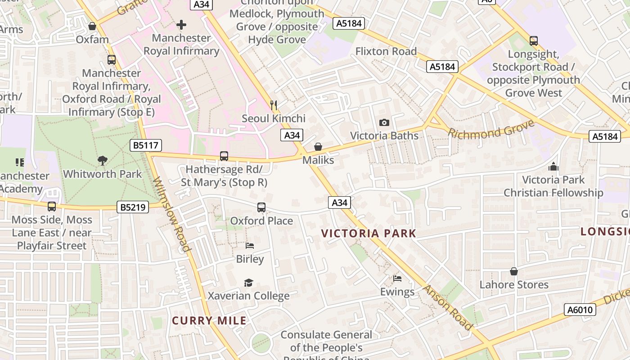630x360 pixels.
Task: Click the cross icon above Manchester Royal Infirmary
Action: tap(181, 24)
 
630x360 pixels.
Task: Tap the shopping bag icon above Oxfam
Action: tap(92, 27)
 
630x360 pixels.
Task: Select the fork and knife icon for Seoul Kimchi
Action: tap(274, 105)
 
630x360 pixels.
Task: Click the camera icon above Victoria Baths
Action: tap(384, 122)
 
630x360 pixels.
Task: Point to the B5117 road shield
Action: tap(146, 145)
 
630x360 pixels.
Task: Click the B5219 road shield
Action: tap(132, 207)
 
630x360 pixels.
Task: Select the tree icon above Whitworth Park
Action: tap(103, 161)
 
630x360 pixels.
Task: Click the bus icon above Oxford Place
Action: tap(261, 207)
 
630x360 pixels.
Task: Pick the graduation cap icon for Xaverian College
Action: tap(248, 283)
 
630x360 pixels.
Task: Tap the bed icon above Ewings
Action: tap(397, 279)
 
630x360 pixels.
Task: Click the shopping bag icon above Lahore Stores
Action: tap(514, 271)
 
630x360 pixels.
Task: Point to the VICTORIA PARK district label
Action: tap(369, 234)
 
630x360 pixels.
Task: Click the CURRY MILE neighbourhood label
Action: tap(209, 321)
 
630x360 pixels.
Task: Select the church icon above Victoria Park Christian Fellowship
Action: tap(553, 167)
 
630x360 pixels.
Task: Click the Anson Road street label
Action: tap(448, 307)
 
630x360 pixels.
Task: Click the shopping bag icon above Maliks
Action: tap(318, 147)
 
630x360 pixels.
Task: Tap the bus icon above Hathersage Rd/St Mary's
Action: tap(224, 156)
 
